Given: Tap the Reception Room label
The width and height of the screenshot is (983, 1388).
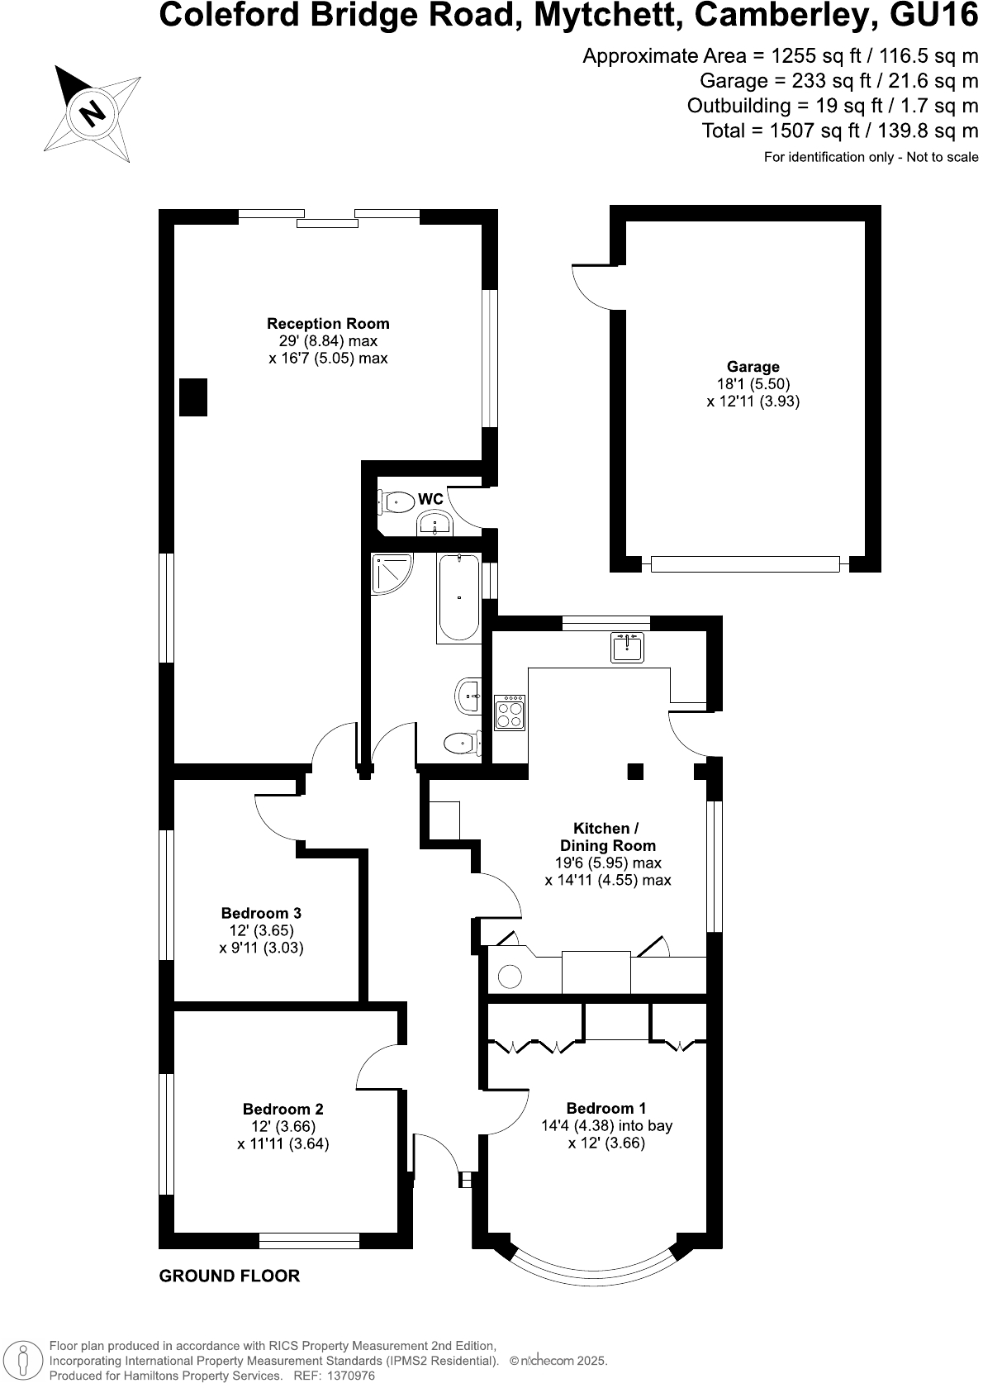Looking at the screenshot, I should (x=328, y=324).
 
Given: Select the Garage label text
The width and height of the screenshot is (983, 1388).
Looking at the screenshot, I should (x=753, y=367).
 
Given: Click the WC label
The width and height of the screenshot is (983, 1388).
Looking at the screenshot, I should (x=430, y=499).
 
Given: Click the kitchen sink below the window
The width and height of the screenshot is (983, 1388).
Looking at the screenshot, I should (x=628, y=647).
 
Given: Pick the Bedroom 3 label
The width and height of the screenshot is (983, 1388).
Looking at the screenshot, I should (x=261, y=913).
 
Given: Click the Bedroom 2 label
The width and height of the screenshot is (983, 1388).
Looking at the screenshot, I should (x=283, y=1109).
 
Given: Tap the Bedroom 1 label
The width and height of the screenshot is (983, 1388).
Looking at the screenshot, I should (x=606, y=1108).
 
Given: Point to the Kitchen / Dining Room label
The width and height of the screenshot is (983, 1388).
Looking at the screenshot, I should (x=607, y=837).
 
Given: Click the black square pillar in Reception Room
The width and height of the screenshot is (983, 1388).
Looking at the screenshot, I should (x=193, y=397).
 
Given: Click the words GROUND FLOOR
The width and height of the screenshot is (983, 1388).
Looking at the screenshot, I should (x=229, y=1276).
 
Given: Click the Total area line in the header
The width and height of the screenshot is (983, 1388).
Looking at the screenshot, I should (x=839, y=131).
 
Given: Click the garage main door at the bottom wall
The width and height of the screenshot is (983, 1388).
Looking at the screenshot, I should (x=745, y=564).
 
